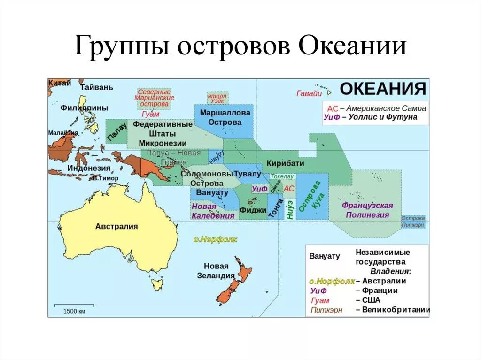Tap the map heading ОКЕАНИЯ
point(383,89)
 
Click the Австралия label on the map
point(116,226)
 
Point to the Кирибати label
point(285,163)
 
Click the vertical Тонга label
point(275,208)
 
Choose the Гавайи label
point(309,93)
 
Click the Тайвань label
point(96,87)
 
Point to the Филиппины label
point(84,108)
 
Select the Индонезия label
point(89,168)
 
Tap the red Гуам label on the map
point(150,114)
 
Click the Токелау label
point(282,176)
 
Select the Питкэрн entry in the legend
point(326,310)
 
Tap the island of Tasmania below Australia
point(157,284)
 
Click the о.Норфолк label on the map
point(216,239)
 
